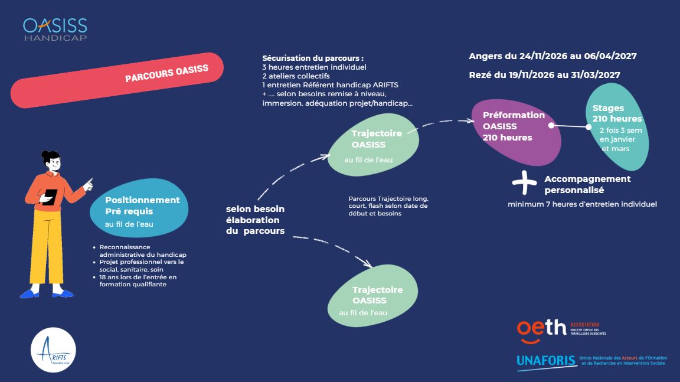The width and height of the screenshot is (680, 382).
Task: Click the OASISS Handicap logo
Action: coord(55,30)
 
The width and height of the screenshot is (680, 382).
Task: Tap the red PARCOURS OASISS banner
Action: coord(117,80)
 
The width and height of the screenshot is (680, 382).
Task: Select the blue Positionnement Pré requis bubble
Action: coord(139,208)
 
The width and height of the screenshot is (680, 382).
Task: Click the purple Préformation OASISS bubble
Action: coord(516,132)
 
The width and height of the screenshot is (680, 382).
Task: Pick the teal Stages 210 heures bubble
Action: coord(617,126)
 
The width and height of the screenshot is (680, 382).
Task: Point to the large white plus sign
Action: coord(524,182)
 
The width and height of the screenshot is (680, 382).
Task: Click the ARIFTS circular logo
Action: coord(53,350)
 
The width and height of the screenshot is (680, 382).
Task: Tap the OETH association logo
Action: coord(561,331)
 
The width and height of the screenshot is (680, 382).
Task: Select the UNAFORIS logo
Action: coord(591,361)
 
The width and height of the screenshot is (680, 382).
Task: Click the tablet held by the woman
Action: coord(50,197)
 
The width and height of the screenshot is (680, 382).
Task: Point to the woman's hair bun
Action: coord(45,154)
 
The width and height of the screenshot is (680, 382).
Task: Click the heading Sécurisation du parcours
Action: coord(313,58)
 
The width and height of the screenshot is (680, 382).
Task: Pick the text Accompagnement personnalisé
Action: coord(587,184)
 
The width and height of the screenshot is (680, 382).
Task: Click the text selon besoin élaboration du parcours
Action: coord(256,220)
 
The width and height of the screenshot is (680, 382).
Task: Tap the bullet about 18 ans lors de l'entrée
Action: coord(138,280)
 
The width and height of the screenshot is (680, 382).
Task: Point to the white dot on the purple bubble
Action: coord(551,125)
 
